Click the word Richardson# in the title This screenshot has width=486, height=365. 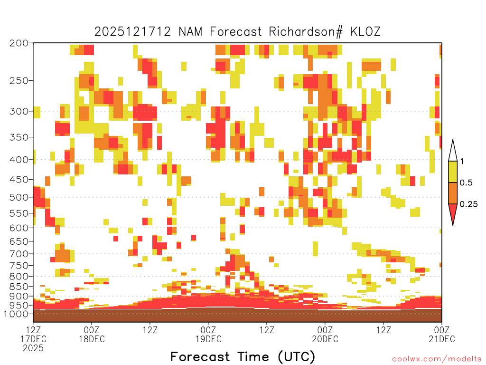pyautogui.click(x=306, y=32)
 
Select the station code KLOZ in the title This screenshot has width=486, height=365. pyautogui.click(x=365, y=32)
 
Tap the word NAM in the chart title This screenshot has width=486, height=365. pyautogui.click(x=190, y=32)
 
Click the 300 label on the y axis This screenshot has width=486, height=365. pyautogui.click(x=19, y=111)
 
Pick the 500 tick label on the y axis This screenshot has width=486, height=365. pyautogui.click(x=19, y=197)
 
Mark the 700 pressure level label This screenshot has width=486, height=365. pyautogui.click(x=19, y=254)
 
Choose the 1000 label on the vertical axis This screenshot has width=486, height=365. pyautogui.click(x=16, y=314)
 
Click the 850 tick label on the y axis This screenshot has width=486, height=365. pyautogui.click(x=19, y=287)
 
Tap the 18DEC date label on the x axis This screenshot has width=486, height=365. pyautogui.click(x=92, y=339)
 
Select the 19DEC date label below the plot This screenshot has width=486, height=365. pyautogui.click(x=209, y=339)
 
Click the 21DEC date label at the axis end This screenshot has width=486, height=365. pyautogui.click(x=442, y=339)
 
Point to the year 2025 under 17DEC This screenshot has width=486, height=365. pyautogui.click(x=33, y=348)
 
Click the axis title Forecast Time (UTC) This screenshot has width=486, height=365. pyautogui.click(x=243, y=357)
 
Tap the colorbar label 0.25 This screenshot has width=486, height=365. pyautogui.click(x=468, y=204)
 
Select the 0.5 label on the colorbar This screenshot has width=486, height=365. pyautogui.click(x=466, y=182)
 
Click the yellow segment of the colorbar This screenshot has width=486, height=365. pyautogui.click(x=453, y=172)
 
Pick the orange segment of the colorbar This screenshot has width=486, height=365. pyautogui.click(x=453, y=193)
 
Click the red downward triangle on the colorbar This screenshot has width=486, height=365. pyautogui.click(x=453, y=211)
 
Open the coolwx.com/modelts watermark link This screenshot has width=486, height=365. pyautogui.click(x=437, y=359)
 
